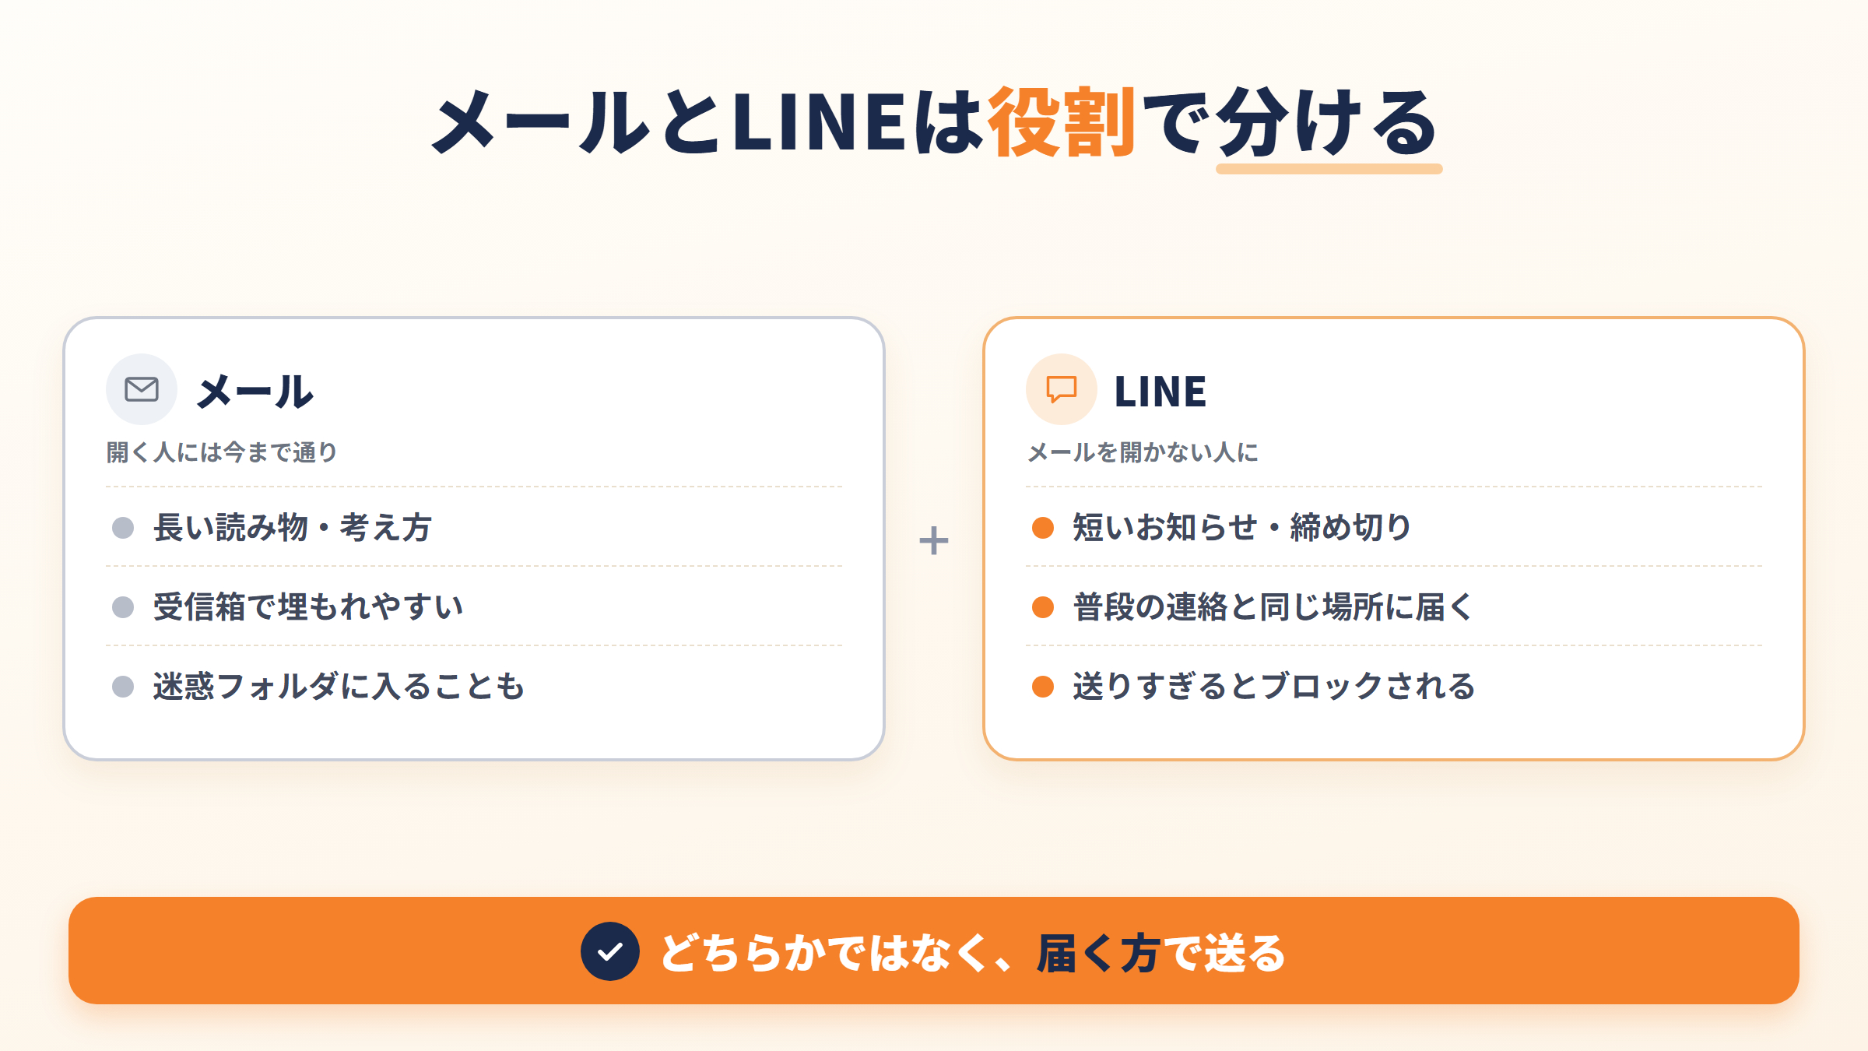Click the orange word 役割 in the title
[x=1062, y=122]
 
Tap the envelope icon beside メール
[x=142, y=388]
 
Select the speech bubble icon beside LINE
[x=1061, y=388]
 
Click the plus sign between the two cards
[x=933, y=540]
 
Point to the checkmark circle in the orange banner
[x=610, y=951]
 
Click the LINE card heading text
[x=1160, y=391]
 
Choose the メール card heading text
[x=255, y=391]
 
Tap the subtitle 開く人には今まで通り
[x=222, y=452]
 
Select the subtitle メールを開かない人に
[x=1143, y=452]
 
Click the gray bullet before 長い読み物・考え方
[x=123, y=528]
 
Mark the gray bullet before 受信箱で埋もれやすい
[x=123, y=607]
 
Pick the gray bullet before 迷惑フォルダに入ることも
[x=123, y=687]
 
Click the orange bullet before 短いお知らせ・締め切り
[x=1043, y=528]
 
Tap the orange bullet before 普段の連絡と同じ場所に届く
[x=1043, y=607]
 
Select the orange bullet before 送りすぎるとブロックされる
[x=1043, y=687]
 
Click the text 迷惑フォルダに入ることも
[x=339, y=687]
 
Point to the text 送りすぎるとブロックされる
[x=1274, y=687]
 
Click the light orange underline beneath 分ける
[x=1329, y=169]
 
